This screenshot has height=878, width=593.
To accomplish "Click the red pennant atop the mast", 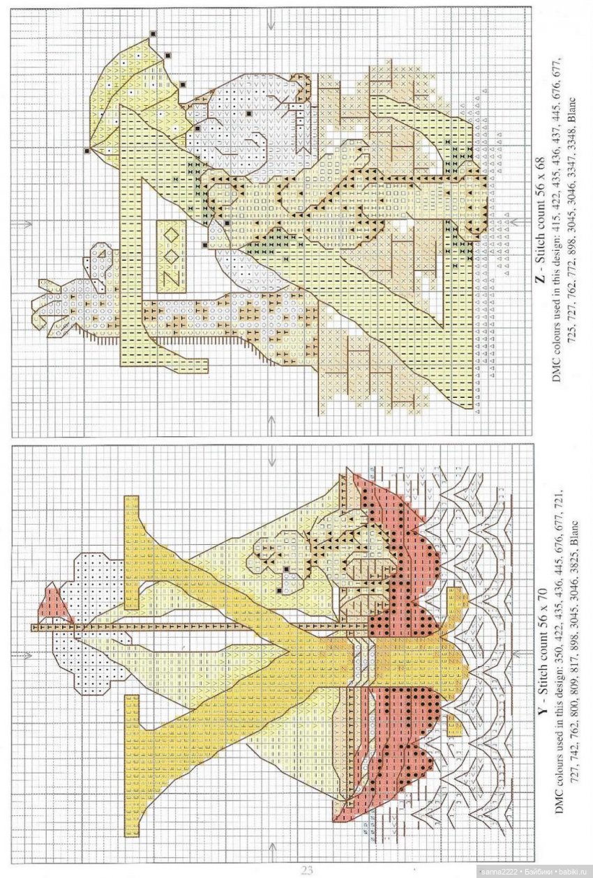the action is pos(55,604).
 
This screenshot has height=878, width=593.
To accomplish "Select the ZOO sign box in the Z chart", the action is pos(172,256).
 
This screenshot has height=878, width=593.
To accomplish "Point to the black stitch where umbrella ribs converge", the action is pos(87,150).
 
